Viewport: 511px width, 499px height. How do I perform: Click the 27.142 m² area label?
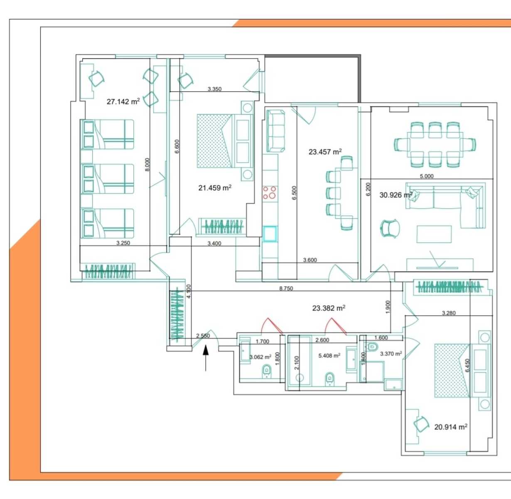pyautogui.click(x=123, y=101)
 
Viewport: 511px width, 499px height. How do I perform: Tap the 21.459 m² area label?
pyautogui.click(x=215, y=188)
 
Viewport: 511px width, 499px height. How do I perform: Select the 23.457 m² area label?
pyautogui.click(x=325, y=152)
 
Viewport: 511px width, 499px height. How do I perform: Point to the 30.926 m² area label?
pyautogui.click(x=396, y=195)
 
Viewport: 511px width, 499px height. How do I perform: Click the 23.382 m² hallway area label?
pyautogui.click(x=329, y=308)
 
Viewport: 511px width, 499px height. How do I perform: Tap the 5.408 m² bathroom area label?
pyautogui.click(x=329, y=356)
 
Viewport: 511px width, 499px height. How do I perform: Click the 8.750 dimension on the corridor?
pyautogui.click(x=286, y=288)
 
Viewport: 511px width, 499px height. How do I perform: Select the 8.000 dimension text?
pyautogui.click(x=147, y=165)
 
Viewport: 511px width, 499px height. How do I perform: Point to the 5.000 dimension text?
pyautogui.click(x=427, y=176)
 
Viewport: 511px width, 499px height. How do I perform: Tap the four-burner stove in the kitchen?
pyautogui.click(x=270, y=192)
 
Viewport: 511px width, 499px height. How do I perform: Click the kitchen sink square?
pyautogui.click(x=270, y=234)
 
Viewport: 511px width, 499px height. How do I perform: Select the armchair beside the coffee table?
pyautogui.click(x=390, y=229)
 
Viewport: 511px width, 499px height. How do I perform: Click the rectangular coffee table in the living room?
pyautogui.click(x=434, y=234)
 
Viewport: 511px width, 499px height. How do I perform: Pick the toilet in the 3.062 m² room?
pyautogui.click(x=267, y=371)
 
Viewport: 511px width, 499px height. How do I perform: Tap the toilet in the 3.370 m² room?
pyautogui.click(x=372, y=346)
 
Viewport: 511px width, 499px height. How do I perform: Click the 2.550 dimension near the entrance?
pyautogui.click(x=203, y=336)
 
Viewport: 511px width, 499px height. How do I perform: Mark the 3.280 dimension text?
pyautogui.click(x=449, y=313)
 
